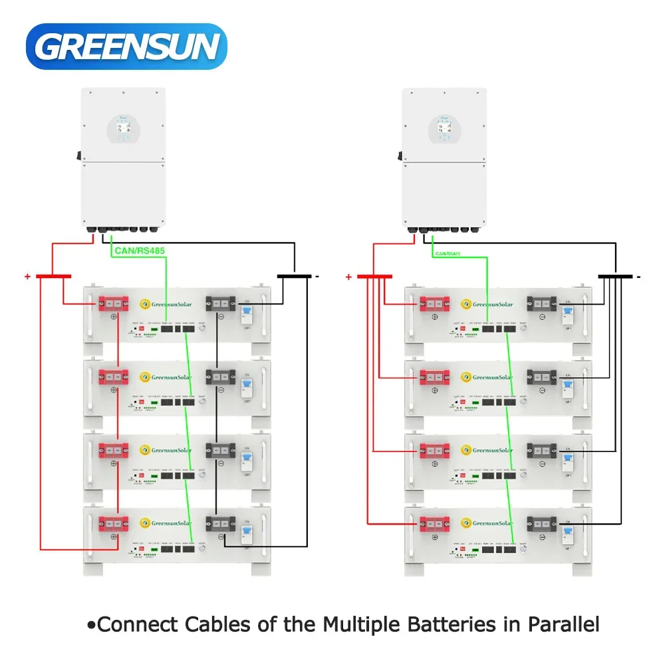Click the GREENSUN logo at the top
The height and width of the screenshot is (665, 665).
coord(126,46)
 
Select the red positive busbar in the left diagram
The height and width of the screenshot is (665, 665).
coord(53,276)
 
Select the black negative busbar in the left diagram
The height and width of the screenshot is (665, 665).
coord(294,276)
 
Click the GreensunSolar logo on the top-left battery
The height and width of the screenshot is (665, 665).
coord(166,305)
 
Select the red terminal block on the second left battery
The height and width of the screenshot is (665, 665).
coord(112,377)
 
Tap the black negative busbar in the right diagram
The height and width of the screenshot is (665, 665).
coord(615,276)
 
